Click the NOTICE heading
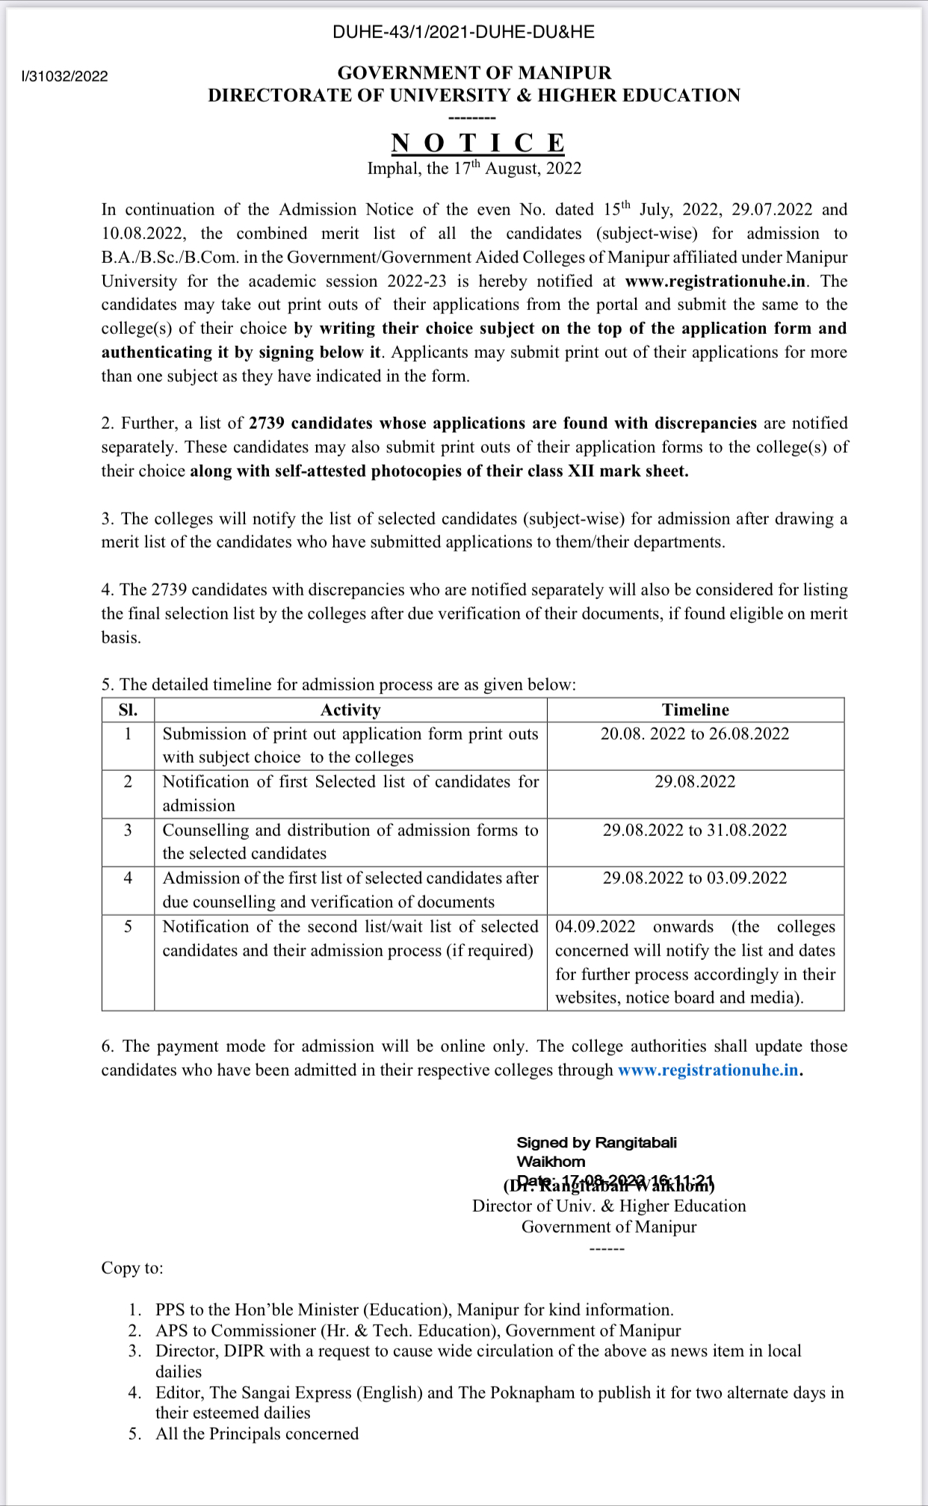478,143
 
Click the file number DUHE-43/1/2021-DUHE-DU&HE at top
463,32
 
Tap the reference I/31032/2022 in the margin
65,76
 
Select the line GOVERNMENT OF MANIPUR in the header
474,72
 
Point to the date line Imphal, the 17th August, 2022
474,168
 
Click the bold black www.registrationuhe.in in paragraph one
715,281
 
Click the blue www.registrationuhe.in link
708,1070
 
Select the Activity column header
350,710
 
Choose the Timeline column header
695,710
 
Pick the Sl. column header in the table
128,710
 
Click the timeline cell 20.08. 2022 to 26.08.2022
695,734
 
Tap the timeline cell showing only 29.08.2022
695,781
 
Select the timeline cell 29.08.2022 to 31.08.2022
695,830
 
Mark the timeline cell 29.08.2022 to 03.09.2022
695,878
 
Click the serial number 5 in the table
128,926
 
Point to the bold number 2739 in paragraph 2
267,423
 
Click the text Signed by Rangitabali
596,1142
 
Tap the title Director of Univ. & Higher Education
609,1206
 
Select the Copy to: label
132,1268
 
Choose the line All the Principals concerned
257,1434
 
